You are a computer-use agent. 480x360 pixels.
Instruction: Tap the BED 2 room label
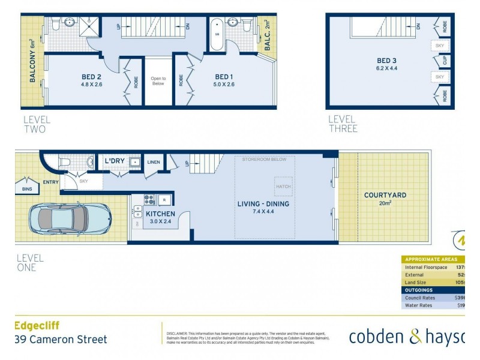(91, 77)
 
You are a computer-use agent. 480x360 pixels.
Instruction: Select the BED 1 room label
(223, 77)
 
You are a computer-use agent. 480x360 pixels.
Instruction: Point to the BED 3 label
(386, 61)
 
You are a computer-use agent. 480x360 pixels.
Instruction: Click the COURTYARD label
(385, 195)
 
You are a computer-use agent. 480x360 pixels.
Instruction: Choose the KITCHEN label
(160, 214)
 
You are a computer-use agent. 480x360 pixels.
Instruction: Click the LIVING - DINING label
(263, 204)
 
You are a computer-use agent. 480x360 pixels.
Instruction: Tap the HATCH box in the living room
(284, 187)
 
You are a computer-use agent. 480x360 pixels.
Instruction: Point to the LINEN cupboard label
(153, 163)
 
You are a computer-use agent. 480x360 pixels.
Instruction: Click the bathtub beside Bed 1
(217, 34)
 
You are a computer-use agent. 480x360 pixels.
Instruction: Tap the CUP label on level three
(445, 61)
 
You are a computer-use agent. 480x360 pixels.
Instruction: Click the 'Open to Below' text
(158, 81)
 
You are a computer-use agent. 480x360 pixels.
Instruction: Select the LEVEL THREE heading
(343, 124)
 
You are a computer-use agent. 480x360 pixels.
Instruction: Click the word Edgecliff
(37, 326)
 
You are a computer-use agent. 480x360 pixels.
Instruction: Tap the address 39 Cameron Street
(60, 340)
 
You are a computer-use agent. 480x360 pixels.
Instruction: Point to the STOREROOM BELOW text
(264, 160)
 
